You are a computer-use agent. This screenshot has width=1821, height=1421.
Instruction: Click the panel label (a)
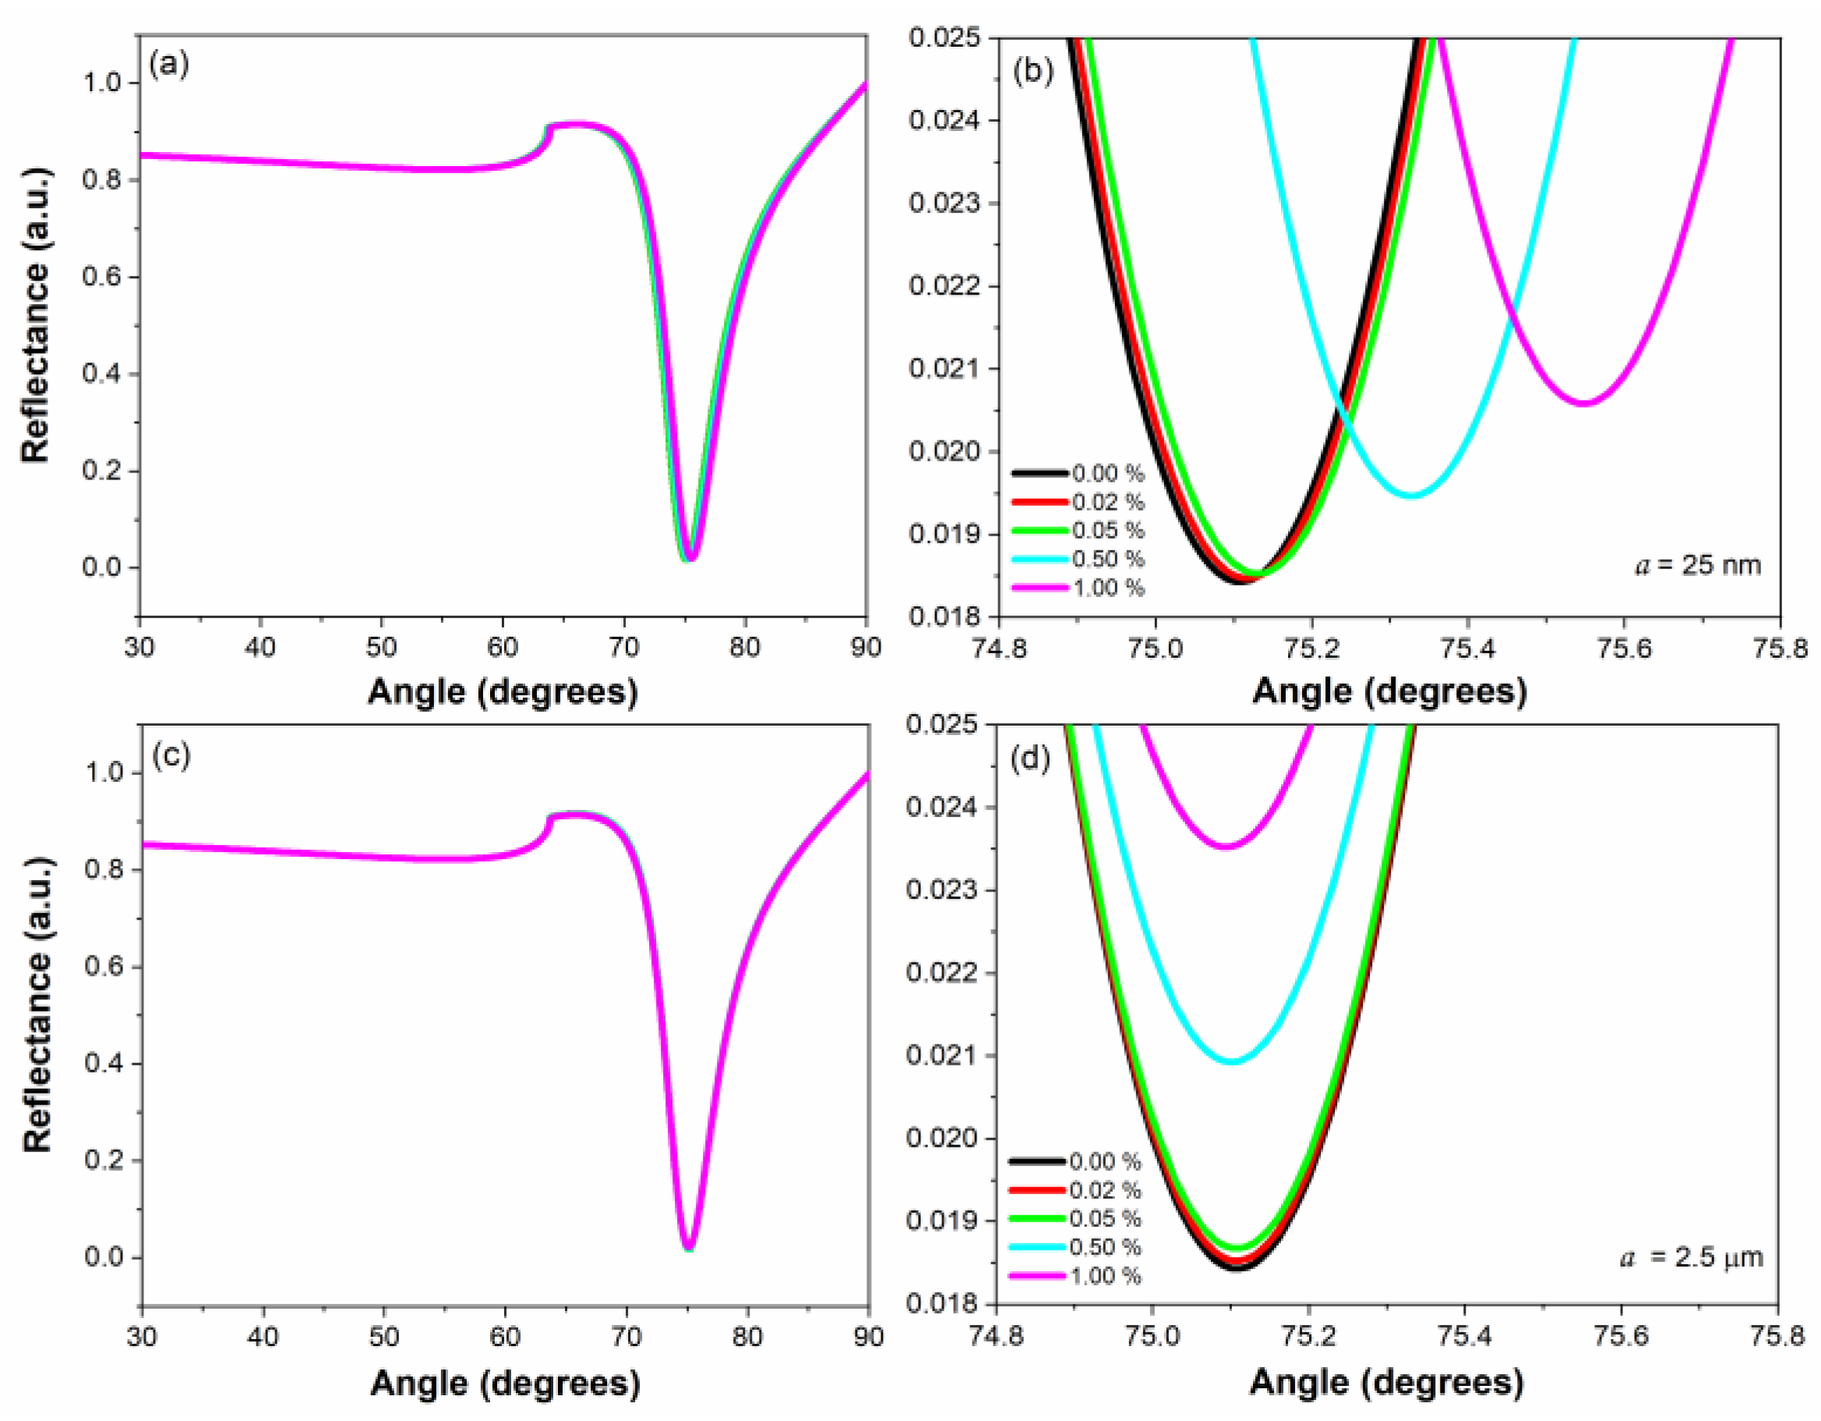[169, 64]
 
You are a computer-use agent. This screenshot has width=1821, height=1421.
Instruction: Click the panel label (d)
[1031, 760]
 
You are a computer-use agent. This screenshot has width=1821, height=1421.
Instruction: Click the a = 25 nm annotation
[1698, 565]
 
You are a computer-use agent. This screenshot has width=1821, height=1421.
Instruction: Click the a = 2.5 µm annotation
[1692, 1257]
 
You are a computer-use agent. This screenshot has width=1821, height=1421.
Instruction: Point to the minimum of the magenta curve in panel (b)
[1583, 404]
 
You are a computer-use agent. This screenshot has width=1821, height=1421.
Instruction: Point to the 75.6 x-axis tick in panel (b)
[1623, 648]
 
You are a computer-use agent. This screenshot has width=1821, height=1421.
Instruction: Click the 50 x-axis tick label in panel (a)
[382, 647]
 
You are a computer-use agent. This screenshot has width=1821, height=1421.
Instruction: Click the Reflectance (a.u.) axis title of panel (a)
[36, 315]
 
